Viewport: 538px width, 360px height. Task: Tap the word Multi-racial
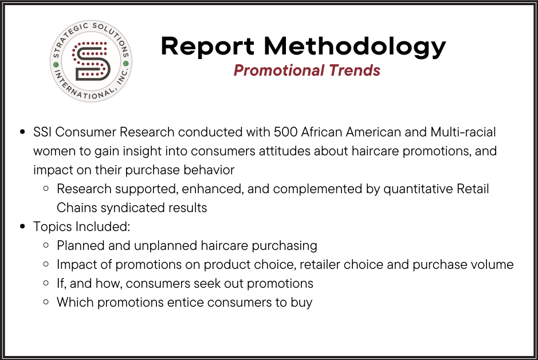(463, 132)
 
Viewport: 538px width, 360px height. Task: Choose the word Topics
(52, 227)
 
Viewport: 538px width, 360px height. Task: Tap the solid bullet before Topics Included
(23, 227)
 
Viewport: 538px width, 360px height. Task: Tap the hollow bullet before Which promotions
(46, 303)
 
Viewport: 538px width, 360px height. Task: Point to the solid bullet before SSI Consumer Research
(23, 132)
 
